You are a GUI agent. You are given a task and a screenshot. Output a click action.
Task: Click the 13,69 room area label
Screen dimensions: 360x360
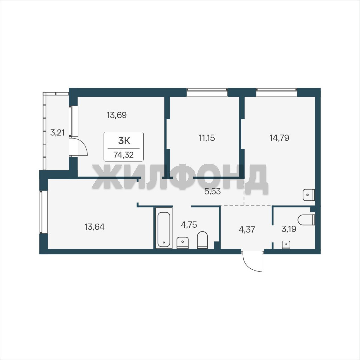117,115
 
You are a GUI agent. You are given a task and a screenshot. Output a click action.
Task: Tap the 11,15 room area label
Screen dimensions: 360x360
207,138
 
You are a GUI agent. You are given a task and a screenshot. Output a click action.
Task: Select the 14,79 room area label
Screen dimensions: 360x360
279,138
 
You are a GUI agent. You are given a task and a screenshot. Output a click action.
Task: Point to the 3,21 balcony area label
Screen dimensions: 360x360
57,132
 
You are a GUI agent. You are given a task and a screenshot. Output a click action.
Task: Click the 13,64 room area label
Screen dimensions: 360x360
94,227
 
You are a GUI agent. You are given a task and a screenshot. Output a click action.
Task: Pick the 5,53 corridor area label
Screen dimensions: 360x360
213,191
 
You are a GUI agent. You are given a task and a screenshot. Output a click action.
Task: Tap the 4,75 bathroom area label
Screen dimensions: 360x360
189,224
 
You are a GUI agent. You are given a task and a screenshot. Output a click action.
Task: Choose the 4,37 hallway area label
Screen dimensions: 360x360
247,229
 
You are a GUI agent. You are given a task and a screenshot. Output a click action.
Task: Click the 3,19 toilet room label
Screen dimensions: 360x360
289,229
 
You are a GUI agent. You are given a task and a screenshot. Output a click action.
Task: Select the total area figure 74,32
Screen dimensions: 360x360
124,155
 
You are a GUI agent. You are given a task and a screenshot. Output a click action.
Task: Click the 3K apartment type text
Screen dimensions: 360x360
124,141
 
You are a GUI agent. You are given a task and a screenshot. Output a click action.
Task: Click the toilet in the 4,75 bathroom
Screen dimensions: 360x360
202,240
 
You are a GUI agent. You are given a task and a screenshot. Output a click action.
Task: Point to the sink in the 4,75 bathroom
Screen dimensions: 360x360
183,243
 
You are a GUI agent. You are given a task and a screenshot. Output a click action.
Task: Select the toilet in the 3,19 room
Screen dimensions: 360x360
306,220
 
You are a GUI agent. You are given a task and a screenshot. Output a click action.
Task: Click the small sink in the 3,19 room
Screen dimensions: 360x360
286,245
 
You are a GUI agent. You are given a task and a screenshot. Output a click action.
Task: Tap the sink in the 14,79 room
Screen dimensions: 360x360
309,195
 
